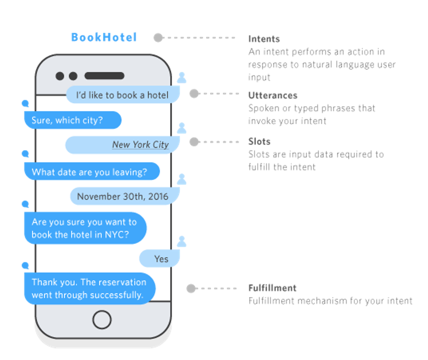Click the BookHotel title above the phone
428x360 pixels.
pyautogui.click(x=104, y=38)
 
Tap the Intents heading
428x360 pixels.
pyautogui.click(x=264, y=39)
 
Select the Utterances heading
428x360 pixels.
pyautogui.click(x=272, y=96)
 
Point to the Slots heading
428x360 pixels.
pyautogui.click(x=259, y=142)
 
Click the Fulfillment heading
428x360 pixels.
pyautogui.click(x=272, y=288)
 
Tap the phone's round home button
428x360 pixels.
pyautogui.click(x=102, y=320)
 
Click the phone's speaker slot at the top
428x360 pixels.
pyautogui.click(x=104, y=76)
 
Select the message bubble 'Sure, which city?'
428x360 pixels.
pyautogui.click(x=72, y=120)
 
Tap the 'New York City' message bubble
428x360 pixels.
pyautogui.click(x=123, y=145)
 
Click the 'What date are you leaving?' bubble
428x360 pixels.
pyautogui.click(x=91, y=172)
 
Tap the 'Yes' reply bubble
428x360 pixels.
pyautogui.click(x=160, y=259)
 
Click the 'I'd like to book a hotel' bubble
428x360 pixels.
pyautogui.click(x=123, y=95)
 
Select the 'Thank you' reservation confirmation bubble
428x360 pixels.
pyautogui.click(x=89, y=288)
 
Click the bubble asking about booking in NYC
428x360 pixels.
pyautogui.click(x=85, y=228)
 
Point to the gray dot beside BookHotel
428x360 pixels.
pyautogui.click(x=158, y=38)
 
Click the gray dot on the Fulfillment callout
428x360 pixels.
pyautogui.click(x=191, y=288)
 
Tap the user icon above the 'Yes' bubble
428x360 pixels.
pyautogui.click(x=182, y=241)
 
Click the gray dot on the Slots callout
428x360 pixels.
pyautogui.click(x=194, y=142)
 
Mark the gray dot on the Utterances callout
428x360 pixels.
pyautogui.click(x=194, y=94)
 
